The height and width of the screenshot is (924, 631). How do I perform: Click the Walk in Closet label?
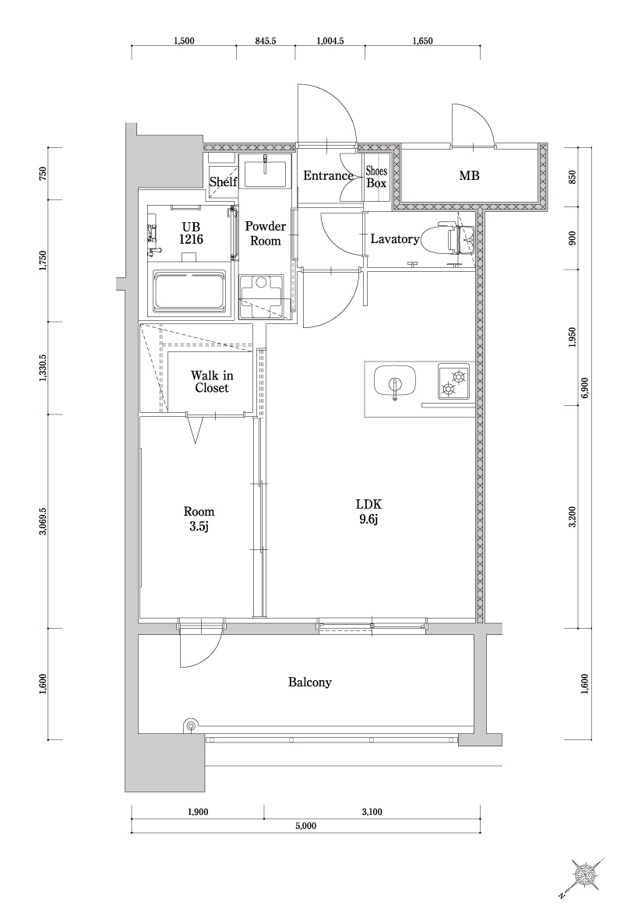[212, 381]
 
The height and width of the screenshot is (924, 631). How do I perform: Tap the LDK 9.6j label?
[368, 511]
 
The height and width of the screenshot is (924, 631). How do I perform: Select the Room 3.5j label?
[199, 517]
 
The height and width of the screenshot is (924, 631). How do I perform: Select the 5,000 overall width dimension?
[305, 825]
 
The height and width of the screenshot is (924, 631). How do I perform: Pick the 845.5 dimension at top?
[266, 42]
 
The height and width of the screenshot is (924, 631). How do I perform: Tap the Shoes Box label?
[376, 177]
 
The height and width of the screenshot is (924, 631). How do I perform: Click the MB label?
[469, 176]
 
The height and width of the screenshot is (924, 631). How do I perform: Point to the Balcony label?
[310, 682]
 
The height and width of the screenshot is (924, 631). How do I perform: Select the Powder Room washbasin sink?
[265, 172]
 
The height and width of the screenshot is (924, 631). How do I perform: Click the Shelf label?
[224, 182]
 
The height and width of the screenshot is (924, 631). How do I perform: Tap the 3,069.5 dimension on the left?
[43, 520]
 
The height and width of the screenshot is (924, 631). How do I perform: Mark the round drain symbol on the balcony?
[189, 725]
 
